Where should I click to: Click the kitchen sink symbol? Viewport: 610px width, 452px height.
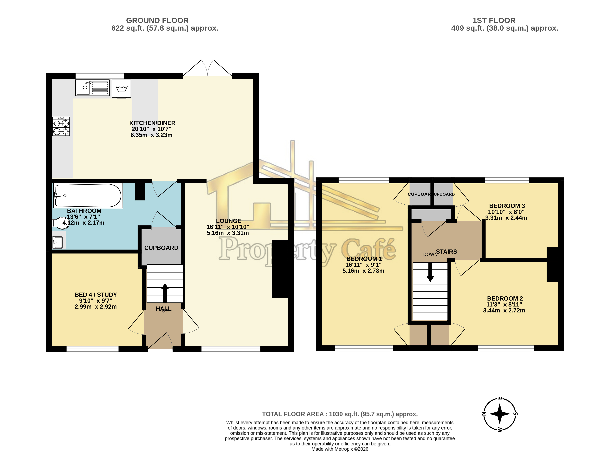[x=92, y=88]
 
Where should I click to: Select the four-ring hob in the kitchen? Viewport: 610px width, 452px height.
[x=61, y=126]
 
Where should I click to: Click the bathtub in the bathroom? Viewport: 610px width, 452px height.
[x=88, y=195]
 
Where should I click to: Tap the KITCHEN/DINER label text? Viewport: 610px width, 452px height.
[x=152, y=123]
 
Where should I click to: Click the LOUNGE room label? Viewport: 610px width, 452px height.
[x=229, y=221]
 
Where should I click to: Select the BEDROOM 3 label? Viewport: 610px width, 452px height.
[x=507, y=206]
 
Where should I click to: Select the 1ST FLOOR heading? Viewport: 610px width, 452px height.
[x=494, y=21]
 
